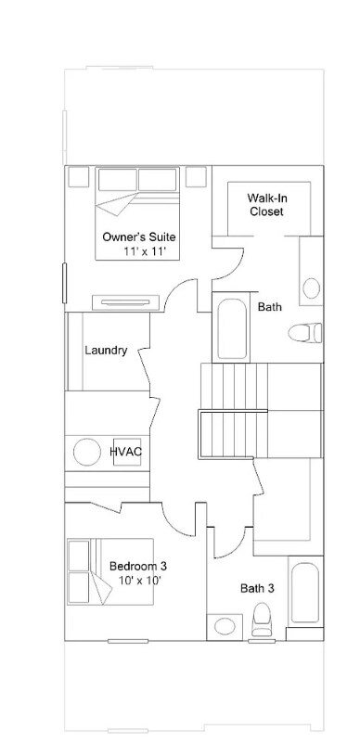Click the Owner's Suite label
(x=139, y=237)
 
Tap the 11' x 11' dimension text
(x=144, y=251)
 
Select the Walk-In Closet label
(x=265, y=204)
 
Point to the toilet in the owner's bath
(x=304, y=331)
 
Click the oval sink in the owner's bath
(x=312, y=287)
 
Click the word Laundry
(x=106, y=351)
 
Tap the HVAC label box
(x=125, y=452)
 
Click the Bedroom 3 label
(x=138, y=565)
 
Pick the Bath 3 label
(x=257, y=588)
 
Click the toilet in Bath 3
(x=262, y=619)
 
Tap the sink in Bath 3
(x=225, y=626)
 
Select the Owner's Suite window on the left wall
(x=64, y=282)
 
